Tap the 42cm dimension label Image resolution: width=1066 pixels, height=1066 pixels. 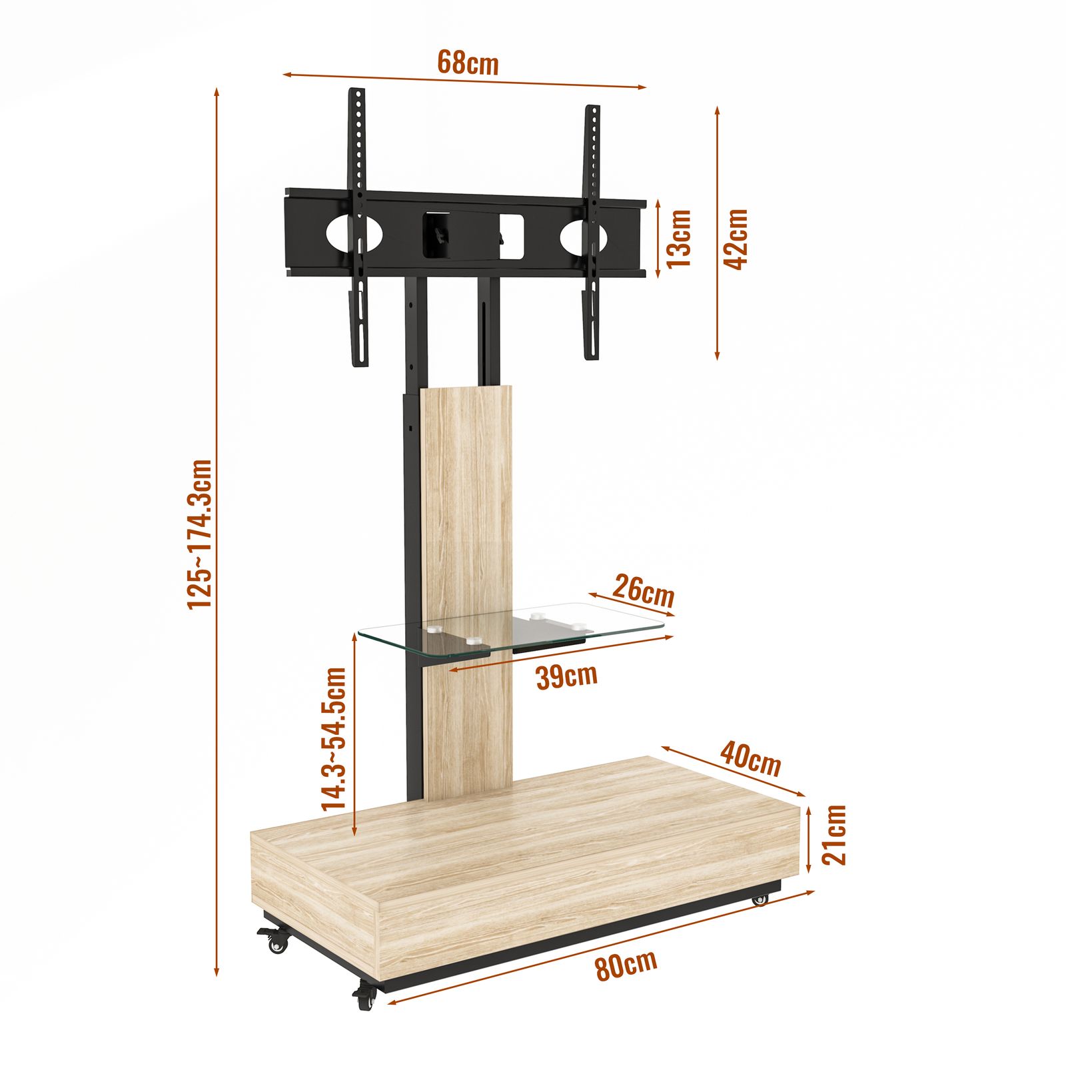tap(736, 239)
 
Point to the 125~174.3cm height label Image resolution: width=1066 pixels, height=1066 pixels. tap(199, 533)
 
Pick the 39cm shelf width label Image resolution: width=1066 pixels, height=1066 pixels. tap(566, 676)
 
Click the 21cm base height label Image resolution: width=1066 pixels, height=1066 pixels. tap(833, 834)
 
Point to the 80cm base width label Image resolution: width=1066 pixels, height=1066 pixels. tap(626, 964)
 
